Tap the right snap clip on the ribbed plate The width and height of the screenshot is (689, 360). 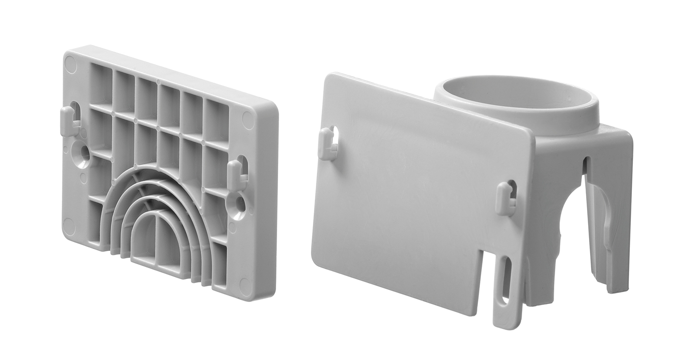tap(237, 175)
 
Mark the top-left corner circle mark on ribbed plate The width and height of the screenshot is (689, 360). tap(70, 64)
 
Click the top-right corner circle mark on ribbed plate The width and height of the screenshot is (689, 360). tap(249, 120)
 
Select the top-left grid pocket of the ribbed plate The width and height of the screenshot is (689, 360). tap(101, 85)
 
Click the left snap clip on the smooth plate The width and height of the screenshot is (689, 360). tap(327, 144)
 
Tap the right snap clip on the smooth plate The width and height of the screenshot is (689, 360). tap(505, 198)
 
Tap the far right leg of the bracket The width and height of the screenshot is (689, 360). tap(618, 221)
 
